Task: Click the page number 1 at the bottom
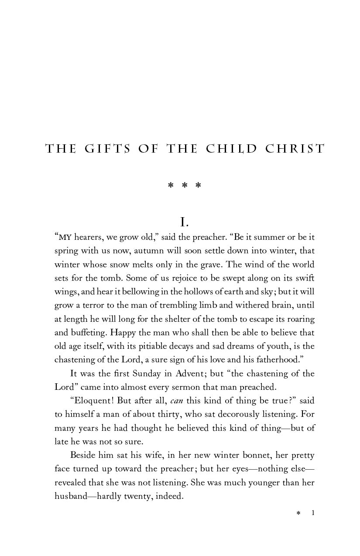[x=313, y=513]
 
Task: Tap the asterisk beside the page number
[x=298, y=514]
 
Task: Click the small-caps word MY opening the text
[x=65, y=238]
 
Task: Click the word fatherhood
[x=280, y=360]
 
